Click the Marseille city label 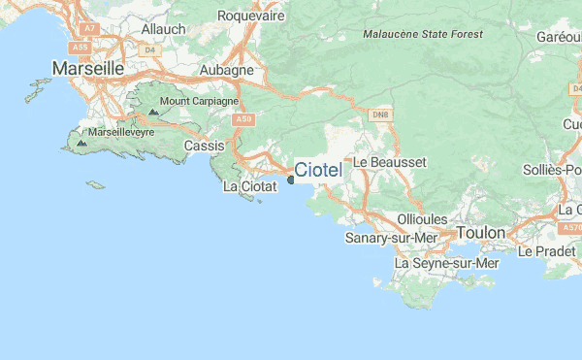tap(88, 69)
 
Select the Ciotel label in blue tap(318, 171)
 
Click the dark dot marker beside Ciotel tap(291, 179)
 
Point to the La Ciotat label tap(250, 185)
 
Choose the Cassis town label tap(204, 146)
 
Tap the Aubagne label tap(226, 70)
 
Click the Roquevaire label tap(250, 16)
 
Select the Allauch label tap(163, 29)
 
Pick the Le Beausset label tap(389, 162)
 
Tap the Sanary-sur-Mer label tap(393, 238)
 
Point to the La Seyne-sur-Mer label tap(446, 263)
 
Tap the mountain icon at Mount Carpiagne tap(152, 113)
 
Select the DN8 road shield tap(380, 115)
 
